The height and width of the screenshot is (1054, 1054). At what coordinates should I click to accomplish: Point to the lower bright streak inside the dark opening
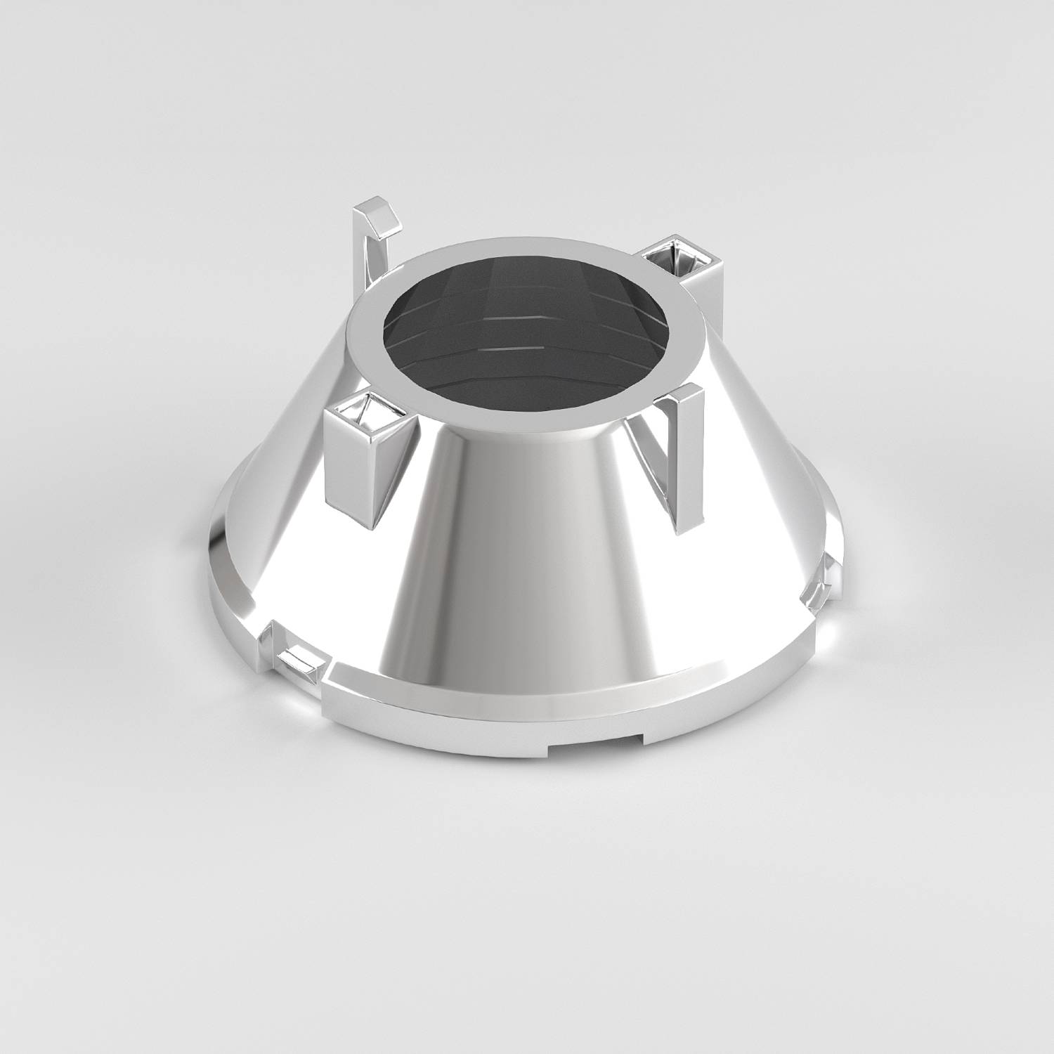[x=513, y=349]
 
